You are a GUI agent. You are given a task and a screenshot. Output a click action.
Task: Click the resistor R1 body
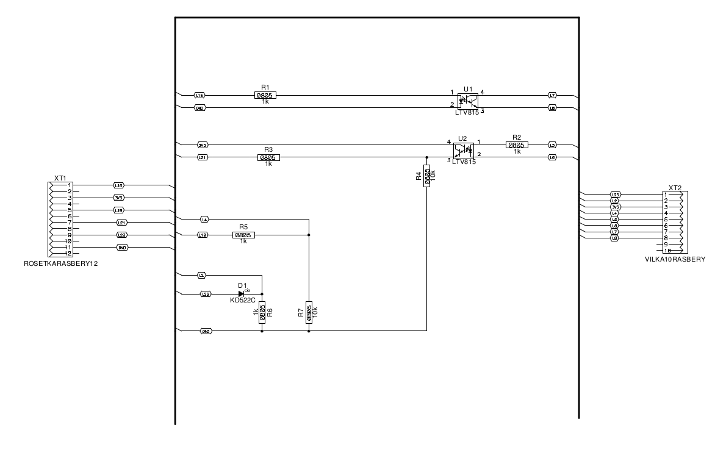265,95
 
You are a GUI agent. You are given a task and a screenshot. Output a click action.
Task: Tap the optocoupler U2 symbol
464,150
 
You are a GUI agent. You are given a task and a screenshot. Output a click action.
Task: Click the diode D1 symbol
242,294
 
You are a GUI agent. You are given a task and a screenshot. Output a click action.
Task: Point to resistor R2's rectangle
517,145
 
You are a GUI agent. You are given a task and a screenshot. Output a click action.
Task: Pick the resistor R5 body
243,235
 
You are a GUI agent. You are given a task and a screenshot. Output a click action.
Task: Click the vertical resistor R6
262,312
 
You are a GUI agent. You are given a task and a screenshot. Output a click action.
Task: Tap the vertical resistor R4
426,175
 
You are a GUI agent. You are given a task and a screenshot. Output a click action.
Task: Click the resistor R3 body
268,157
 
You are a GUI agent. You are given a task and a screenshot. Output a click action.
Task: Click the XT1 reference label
60,177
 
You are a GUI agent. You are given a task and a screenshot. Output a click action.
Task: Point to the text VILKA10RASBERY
675,259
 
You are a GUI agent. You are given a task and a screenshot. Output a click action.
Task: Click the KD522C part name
243,300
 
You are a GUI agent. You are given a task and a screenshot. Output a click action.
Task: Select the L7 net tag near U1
552,95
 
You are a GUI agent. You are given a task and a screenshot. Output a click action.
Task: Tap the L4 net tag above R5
204,218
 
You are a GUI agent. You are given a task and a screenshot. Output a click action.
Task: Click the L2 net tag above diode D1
201,276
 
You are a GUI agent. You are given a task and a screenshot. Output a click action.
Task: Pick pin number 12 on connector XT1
69,254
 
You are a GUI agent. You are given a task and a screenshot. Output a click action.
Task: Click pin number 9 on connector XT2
666,244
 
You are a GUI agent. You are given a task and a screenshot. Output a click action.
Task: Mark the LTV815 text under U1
467,113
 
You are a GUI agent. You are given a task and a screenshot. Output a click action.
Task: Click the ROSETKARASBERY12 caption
61,264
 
